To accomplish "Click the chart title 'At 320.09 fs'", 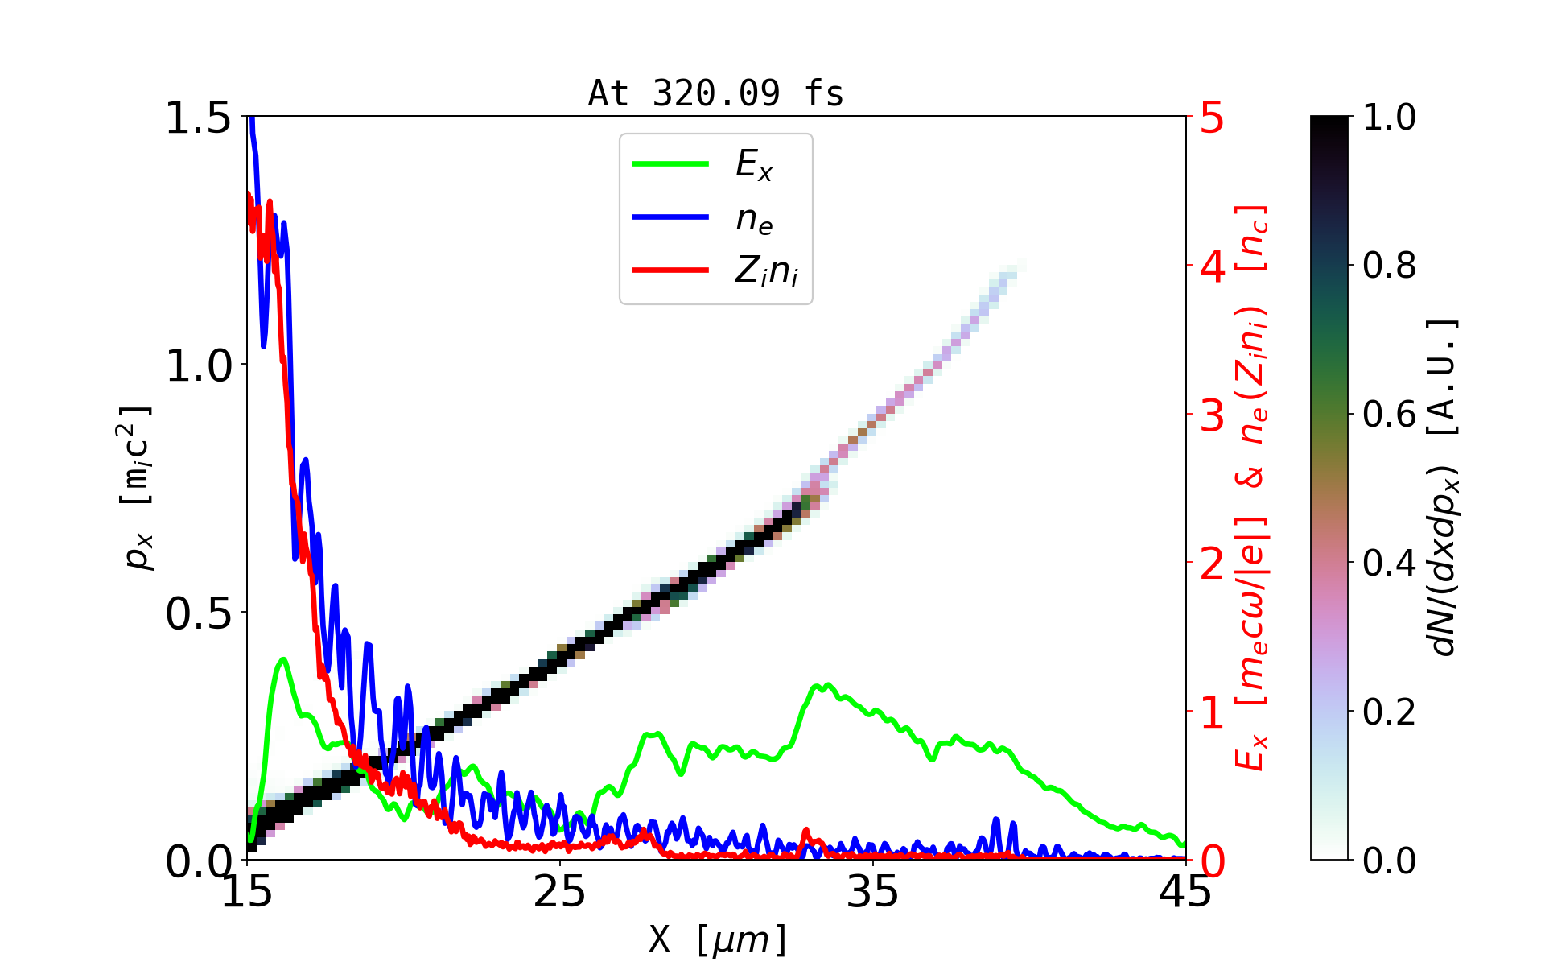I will coord(715,93).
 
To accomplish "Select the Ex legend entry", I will coord(753,165).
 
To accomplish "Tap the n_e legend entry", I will coord(753,218).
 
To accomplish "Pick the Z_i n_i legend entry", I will coord(765,271).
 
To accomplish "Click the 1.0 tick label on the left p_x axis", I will coord(198,365).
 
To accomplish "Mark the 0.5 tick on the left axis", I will coord(198,613).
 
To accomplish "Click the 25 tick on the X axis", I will coord(560,892).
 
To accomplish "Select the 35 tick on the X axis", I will coord(873,892).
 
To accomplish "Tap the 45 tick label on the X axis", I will coord(1185,892).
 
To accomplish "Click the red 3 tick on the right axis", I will coord(1212,415).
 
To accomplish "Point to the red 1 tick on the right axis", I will coord(1212,712).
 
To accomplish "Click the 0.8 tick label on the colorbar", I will coord(1389,265).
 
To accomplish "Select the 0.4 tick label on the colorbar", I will coord(1389,563).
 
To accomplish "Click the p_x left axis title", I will coord(137,488).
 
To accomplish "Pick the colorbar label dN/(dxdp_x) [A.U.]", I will coord(1444,488).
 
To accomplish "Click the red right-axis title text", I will coord(1252,488).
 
